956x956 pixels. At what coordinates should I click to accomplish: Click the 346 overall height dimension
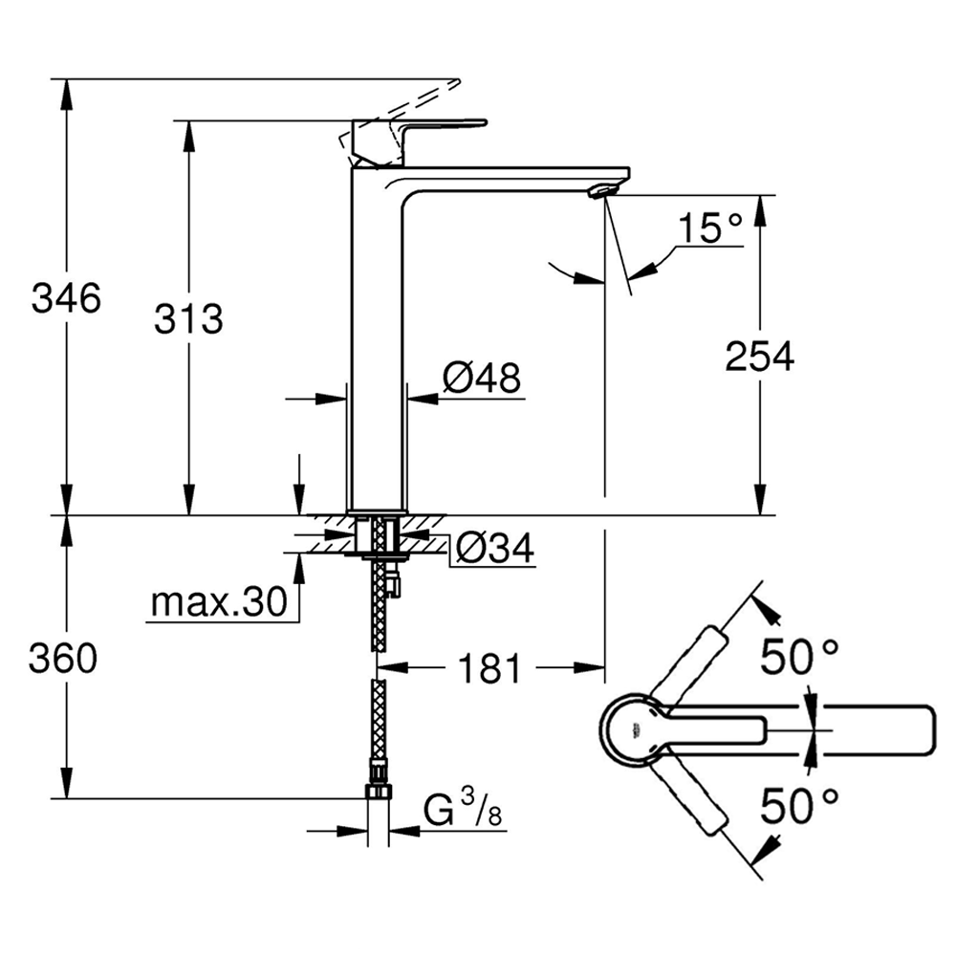[66, 299]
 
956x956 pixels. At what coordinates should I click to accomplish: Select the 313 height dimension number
[188, 318]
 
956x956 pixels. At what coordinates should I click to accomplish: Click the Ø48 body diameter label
[482, 380]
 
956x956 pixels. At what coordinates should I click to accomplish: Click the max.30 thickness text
[219, 602]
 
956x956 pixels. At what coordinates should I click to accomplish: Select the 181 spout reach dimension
[490, 668]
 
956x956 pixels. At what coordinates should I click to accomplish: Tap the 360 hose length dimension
[64, 658]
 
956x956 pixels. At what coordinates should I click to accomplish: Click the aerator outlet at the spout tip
[600, 192]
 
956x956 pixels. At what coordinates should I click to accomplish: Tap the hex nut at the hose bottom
[379, 793]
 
